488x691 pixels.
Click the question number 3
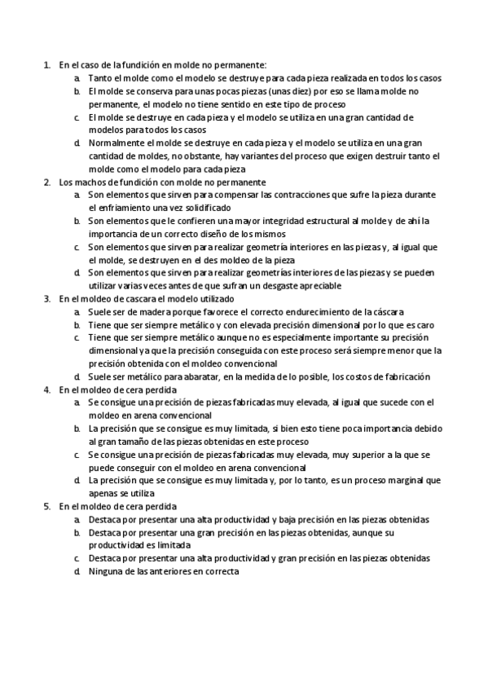coord(46,299)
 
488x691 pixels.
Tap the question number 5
coord(46,506)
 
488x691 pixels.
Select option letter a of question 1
coord(77,79)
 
